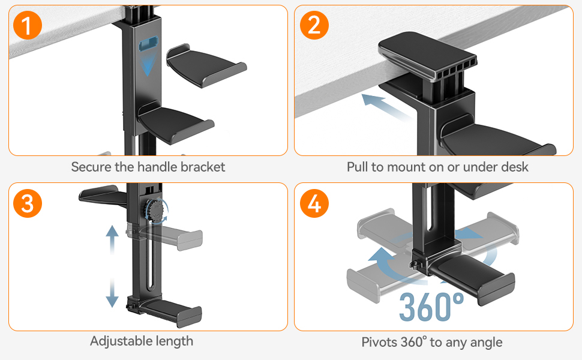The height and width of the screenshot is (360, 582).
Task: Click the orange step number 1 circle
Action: pos(28,27)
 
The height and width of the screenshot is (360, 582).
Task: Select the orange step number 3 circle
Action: pos(28,204)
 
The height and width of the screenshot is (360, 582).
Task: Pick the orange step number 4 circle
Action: pos(314,204)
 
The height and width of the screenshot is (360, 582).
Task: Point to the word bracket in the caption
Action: pos(203,167)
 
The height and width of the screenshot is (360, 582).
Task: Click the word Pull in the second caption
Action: pos(357,167)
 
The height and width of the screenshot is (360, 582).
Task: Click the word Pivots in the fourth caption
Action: pos(380,342)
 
